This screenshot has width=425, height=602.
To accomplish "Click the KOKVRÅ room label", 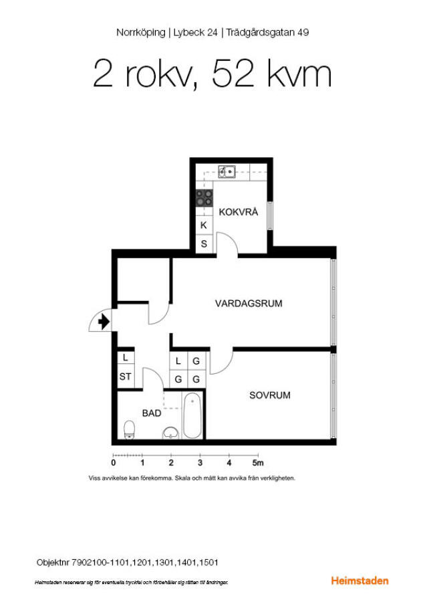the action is (238, 211).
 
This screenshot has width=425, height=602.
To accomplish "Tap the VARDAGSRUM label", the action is (249, 303).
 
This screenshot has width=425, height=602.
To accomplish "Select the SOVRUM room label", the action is (270, 395).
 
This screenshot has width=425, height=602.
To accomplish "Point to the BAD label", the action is (152, 413).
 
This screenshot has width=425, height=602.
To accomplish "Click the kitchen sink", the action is (227, 172).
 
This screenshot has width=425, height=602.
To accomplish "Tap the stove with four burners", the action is (204, 198).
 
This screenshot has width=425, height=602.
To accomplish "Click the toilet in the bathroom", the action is (129, 429).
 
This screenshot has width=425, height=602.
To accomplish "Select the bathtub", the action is (192, 415).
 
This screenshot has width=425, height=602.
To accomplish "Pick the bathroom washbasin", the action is (170, 433).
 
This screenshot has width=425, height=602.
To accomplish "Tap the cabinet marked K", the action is (204, 225).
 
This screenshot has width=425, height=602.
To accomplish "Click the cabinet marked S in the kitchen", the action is (204, 243).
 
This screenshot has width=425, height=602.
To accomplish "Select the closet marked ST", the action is (126, 376).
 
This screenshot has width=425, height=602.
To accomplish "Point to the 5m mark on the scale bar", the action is (258, 463).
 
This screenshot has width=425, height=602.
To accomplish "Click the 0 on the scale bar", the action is (114, 463).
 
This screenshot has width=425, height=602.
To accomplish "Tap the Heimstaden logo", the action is (360, 581).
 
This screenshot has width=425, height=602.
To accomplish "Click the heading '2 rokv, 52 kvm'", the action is (212, 74).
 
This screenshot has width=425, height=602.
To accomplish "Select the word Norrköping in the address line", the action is (140, 33).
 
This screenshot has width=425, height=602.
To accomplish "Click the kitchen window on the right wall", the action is (270, 216).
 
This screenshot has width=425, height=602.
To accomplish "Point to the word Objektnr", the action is (53, 563).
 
